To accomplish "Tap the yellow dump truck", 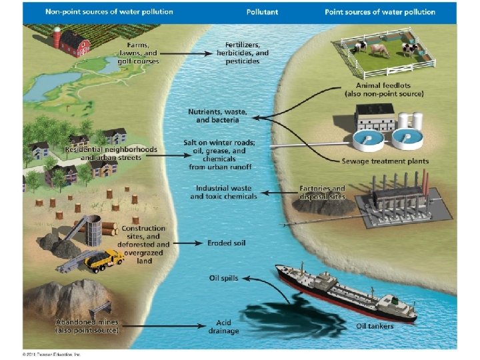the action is tap(103, 259).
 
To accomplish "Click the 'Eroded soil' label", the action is tap(226, 243).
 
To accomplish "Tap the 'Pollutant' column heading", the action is tap(263, 12).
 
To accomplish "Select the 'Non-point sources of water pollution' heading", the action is tap(111, 12).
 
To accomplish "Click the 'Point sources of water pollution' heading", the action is tap(380, 12).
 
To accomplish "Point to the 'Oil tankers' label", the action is tap(374, 326).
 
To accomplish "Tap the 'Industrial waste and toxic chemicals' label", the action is tap(223, 193).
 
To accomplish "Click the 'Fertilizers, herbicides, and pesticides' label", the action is tap(243, 53).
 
